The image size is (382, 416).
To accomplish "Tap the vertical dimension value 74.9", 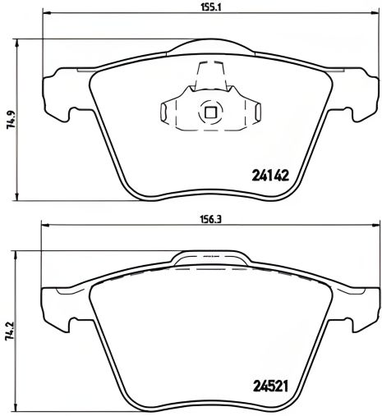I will pos(10,121).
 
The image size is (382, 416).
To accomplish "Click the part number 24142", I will pos(270,174).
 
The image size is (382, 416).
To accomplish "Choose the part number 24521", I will pos(270,384).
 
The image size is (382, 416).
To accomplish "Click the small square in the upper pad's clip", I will pos(209,113).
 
